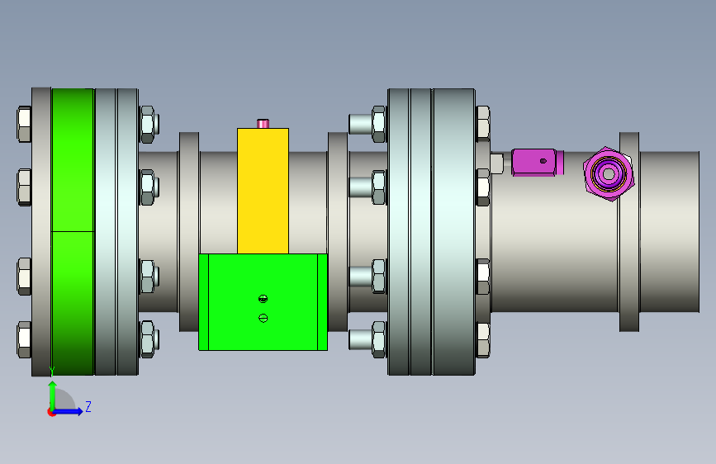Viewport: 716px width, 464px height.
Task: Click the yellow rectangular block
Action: tap(263, 191)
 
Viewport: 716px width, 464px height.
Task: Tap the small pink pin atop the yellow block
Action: tap(263, 123)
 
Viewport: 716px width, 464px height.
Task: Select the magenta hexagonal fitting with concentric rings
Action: tap(609, 173)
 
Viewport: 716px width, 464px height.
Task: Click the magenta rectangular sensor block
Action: tap(538, 162)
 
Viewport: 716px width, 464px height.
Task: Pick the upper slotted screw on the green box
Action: tap(263, 299)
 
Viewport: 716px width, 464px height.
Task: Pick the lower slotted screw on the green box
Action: tap(263, 318)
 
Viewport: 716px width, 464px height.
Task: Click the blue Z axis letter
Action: tap(88, 406)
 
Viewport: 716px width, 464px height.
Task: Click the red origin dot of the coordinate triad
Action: tap(51, 412)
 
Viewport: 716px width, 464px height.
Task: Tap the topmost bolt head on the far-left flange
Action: tap(24, 124)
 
